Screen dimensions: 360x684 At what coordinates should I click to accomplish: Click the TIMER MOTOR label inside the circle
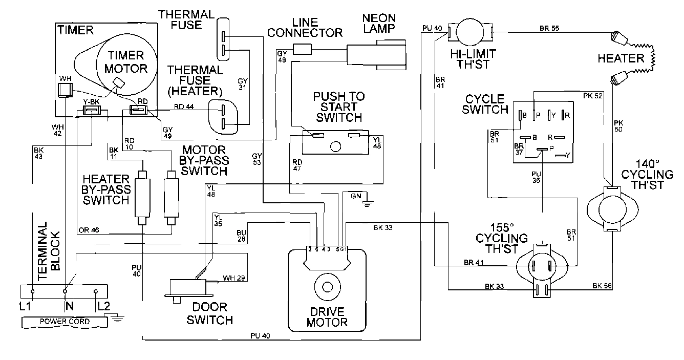(122, 61)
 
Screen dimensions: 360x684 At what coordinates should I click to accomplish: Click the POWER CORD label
(65, 322)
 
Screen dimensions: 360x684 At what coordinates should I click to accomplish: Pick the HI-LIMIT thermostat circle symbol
(470, 32)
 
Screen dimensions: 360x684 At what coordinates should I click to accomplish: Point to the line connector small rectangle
(302, 49)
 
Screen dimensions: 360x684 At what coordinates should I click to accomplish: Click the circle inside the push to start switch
(335, 146)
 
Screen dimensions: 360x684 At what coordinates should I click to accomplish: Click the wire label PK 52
(593, 95)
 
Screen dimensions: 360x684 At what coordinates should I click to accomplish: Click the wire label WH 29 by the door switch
(233, 278)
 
